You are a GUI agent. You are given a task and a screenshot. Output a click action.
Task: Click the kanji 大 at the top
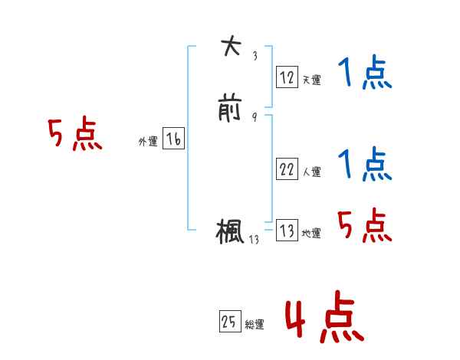230,47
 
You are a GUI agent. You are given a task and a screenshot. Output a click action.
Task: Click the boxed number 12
287,77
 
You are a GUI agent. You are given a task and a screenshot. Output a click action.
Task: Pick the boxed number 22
287,170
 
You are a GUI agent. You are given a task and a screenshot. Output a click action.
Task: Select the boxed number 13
287,231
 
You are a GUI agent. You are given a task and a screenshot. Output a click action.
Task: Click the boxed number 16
173,139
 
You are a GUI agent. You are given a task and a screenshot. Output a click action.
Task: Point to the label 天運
311,80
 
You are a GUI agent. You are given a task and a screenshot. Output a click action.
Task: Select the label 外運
148,142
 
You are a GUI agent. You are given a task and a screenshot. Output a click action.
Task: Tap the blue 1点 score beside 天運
365,75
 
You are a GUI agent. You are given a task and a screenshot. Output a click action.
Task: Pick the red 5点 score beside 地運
365,226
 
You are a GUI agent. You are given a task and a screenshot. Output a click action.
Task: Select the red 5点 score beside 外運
74,136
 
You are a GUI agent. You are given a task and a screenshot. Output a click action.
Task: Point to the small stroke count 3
254,55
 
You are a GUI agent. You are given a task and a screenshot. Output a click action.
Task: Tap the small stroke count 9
254,117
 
